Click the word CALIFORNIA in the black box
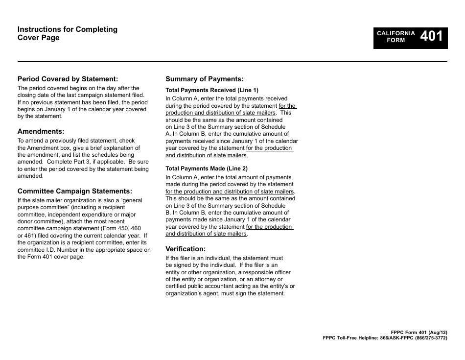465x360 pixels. tap(396, 33)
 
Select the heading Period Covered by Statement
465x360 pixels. tap(68, 79)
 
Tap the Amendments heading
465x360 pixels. tap(41, 131)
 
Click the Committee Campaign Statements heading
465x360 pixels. tap(75, 191)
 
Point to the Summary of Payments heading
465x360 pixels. tap(204, 79)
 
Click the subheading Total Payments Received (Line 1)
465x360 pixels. tap(211, 90)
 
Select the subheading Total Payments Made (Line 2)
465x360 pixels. tap(206, 168)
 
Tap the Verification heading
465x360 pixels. tap(186, 249)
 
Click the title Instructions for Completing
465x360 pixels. tap(68, 29)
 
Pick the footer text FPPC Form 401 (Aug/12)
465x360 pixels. tap(419, 332)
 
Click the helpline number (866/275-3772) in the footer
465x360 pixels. tap(431, 338)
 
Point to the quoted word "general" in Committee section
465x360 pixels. tap(131, 200)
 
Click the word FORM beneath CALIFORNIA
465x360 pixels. tap(396, 41)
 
